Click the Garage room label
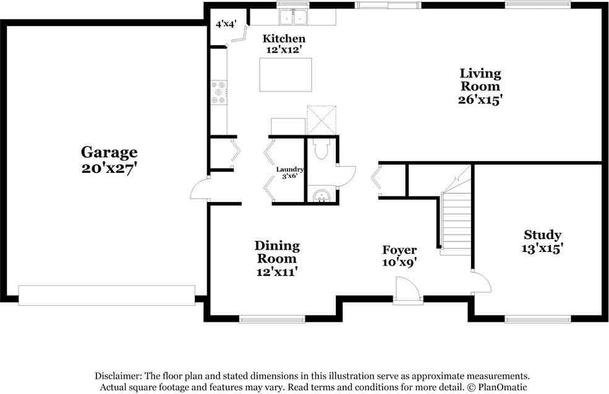coord(109,153)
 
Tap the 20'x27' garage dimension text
coord(109,169)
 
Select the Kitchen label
coord(284,38)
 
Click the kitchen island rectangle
coord(286,75)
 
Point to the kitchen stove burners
coord(219,92)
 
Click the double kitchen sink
coord(293,17)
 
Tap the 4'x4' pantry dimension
coord(226,24)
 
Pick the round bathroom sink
coord(322,195)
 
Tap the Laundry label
coord(290,169)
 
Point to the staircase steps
coord(456,223)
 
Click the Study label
coord(542,235)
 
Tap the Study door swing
coord(481,282)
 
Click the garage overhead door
coord(107,295)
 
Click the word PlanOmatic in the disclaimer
coord(503,387)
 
